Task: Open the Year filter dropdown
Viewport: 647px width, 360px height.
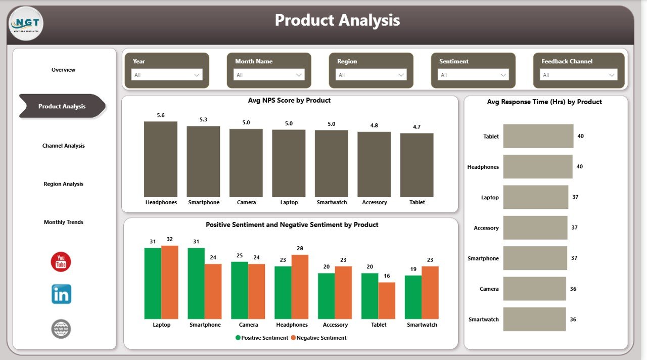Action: pos(167,75)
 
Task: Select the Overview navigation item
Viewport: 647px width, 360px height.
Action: pos(63,70)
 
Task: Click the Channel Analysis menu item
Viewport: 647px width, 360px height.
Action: pos(63,146)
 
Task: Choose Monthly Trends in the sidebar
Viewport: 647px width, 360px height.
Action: pos(63,222)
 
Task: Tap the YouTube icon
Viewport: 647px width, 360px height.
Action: pos(61,262)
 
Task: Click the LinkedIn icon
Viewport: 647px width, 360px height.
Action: pos(61,294)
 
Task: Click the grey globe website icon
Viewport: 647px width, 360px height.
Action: pos(61,329)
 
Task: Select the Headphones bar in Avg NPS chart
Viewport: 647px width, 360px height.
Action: pos(161,159)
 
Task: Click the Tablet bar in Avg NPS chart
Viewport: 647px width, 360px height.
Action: pos(417,165)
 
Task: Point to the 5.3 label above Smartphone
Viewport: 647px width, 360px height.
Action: pos(203,120)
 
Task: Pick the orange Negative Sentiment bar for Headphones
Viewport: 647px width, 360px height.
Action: pos(300,287)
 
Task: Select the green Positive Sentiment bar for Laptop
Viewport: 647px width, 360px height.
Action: pos(152,283)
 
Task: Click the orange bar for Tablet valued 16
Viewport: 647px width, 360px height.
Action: pos(387,300)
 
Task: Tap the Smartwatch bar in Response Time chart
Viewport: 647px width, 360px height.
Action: pos(534,320)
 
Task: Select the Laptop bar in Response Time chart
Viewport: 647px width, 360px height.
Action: pos(535,197)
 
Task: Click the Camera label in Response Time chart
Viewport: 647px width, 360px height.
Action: pos(489,289)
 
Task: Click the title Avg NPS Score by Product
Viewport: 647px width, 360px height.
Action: pos(289,101)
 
